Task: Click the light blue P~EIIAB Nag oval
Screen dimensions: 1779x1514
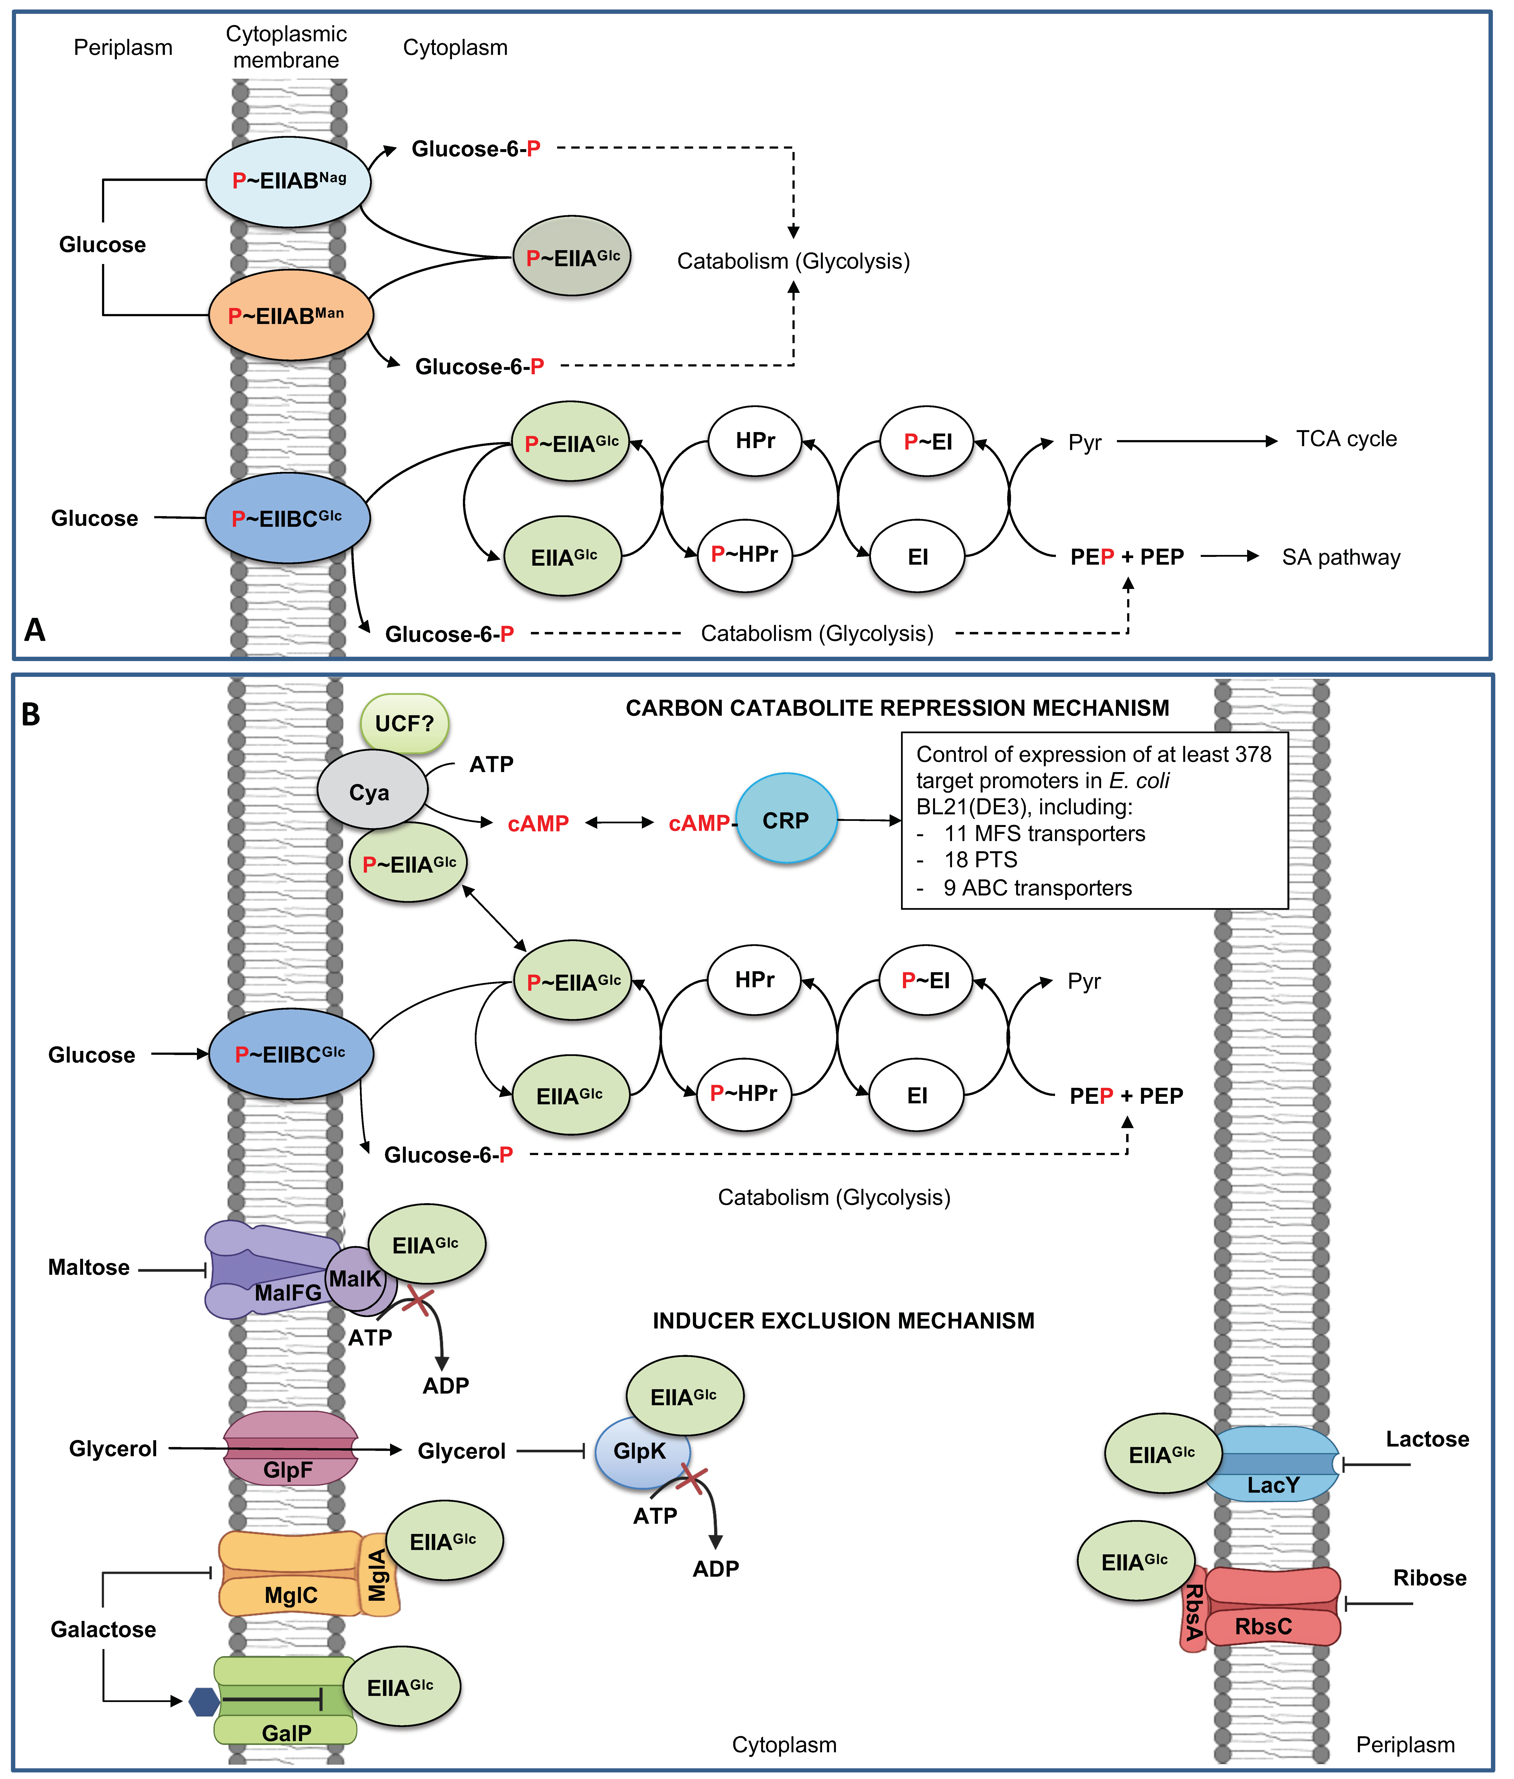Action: click(288, 181)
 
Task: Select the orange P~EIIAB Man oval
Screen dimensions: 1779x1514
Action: click(290, 315)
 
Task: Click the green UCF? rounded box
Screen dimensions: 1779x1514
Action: click(404, 724)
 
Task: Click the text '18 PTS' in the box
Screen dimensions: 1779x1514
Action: click(980, 860)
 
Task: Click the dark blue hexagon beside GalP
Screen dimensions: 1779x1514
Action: click(204, 1702)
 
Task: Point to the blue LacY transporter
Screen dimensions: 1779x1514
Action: click(1273, 1464)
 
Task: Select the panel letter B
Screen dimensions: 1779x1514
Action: click(31, 714)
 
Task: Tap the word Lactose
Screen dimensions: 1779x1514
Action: click(1427, 1439)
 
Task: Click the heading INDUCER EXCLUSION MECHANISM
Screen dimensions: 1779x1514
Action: click(843, 1321)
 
